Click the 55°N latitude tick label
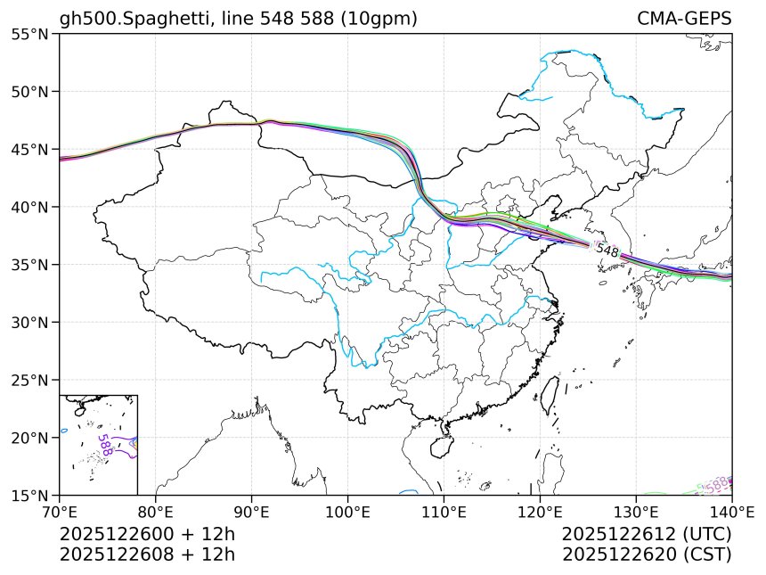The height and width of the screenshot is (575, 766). pos(30,34)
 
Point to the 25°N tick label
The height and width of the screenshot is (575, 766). pos(30,380)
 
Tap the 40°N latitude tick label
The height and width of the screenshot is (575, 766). pos(30,207)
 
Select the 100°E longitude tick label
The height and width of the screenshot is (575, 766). pos(347,512)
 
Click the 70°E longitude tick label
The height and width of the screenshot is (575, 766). pos(60,512)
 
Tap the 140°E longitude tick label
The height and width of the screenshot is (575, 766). pos(731,512)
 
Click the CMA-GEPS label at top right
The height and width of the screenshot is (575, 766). pos(684,19)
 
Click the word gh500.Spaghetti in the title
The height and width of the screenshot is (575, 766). pos(124,19)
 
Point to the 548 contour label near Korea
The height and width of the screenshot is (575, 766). pos(607,251)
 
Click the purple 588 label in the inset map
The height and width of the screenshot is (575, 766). pos(105,445)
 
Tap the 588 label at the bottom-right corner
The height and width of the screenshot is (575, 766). pos(718,484)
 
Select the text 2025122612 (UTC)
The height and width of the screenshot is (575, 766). pos(647,535)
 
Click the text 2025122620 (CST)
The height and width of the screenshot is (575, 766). pos(647,554)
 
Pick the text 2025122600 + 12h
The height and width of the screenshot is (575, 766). pos(147,535)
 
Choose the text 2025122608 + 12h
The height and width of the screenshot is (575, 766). pos(147,554)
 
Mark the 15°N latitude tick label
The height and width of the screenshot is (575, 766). pos(30,495)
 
